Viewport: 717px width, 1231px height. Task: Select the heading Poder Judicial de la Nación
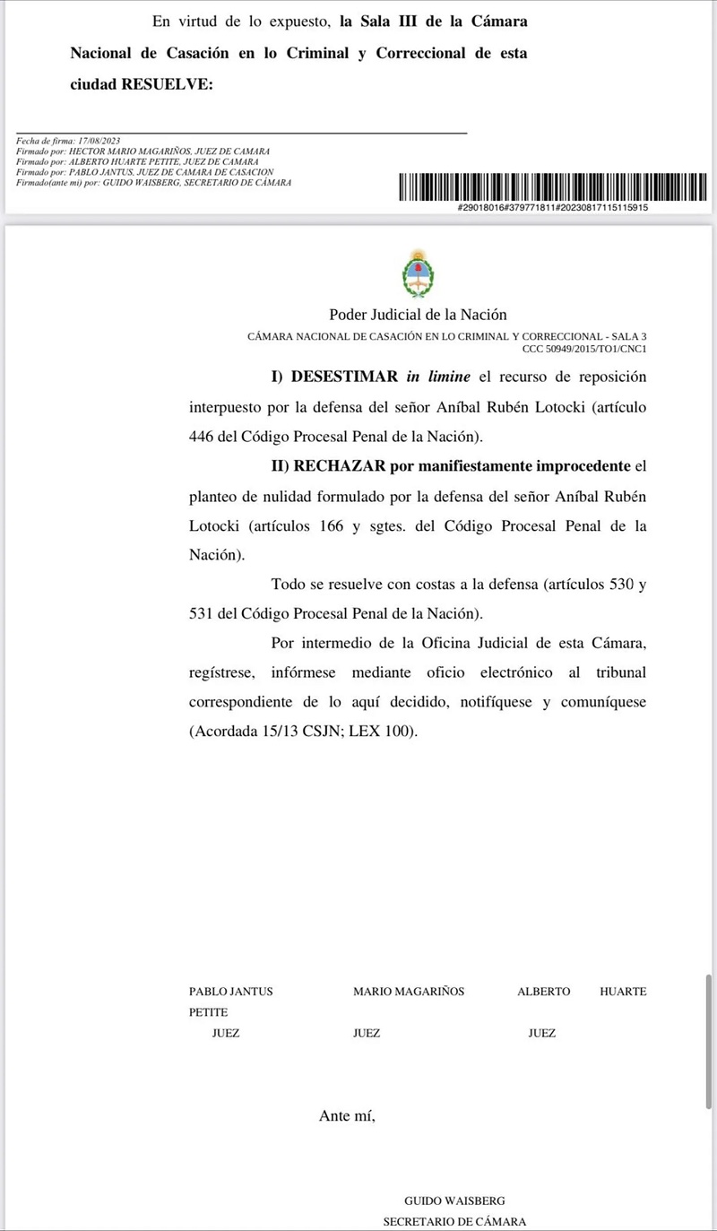coord(418,315)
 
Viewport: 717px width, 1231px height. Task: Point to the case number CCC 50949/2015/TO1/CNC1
coord(584,349)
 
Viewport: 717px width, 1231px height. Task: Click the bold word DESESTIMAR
coord(344,377)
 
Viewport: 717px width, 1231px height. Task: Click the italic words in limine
coord(436,377)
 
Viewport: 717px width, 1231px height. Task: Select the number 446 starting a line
coord(202,437)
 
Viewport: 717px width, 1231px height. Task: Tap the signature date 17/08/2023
coord(99,142)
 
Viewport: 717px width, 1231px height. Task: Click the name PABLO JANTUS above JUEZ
coord(230,992)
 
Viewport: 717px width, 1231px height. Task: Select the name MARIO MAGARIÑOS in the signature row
coord(409,992)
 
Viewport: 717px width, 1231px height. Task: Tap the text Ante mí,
coord(347,1115)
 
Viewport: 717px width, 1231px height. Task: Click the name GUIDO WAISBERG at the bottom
coord(454,1201)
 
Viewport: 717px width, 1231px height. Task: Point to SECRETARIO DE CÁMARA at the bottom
coord(454,1221)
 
